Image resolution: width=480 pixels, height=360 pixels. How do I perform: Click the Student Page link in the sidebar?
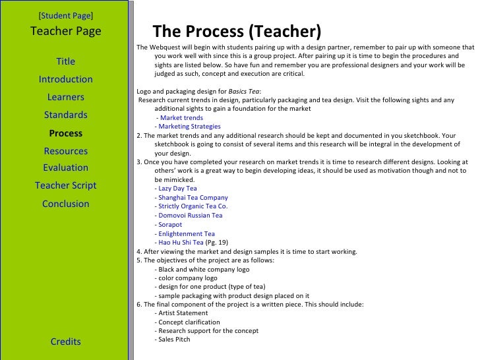tap(66, 14)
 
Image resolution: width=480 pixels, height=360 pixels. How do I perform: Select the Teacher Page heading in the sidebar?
tap(66, 31)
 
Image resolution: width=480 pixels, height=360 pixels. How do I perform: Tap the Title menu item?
tap(66, 61)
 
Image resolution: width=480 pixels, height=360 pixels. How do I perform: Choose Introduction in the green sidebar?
tap(66, 79)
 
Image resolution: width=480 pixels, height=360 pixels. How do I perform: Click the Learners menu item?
tap(66, 97)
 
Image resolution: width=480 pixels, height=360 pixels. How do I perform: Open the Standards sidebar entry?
tap(66, 115)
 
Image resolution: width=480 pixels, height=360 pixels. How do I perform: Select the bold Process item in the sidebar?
tap(66, 133)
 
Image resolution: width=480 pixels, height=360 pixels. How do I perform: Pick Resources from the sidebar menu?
tap(66, 150)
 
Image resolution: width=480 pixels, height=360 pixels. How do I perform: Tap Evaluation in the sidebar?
tap(66, 167)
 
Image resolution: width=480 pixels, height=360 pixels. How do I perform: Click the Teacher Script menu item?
tap(66, 185)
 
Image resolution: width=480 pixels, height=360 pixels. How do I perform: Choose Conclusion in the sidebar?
tap(66, 203)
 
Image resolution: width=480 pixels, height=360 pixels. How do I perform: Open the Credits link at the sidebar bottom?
tap(66, 341)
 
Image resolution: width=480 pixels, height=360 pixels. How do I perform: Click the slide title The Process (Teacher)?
tap(237, 32)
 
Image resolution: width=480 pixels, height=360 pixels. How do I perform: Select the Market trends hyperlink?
tap(181, 117)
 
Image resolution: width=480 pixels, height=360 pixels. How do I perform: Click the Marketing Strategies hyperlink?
tap(189, 126)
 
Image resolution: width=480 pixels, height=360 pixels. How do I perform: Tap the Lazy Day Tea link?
tap(177, 188)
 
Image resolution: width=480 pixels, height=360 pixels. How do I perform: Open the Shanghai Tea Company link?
tap(193, 197)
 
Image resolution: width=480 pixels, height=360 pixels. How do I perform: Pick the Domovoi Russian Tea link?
tap(191, 215)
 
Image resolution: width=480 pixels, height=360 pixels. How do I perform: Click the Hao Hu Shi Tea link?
tap(181, 242)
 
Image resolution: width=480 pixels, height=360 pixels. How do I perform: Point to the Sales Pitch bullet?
tap(174, 340)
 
